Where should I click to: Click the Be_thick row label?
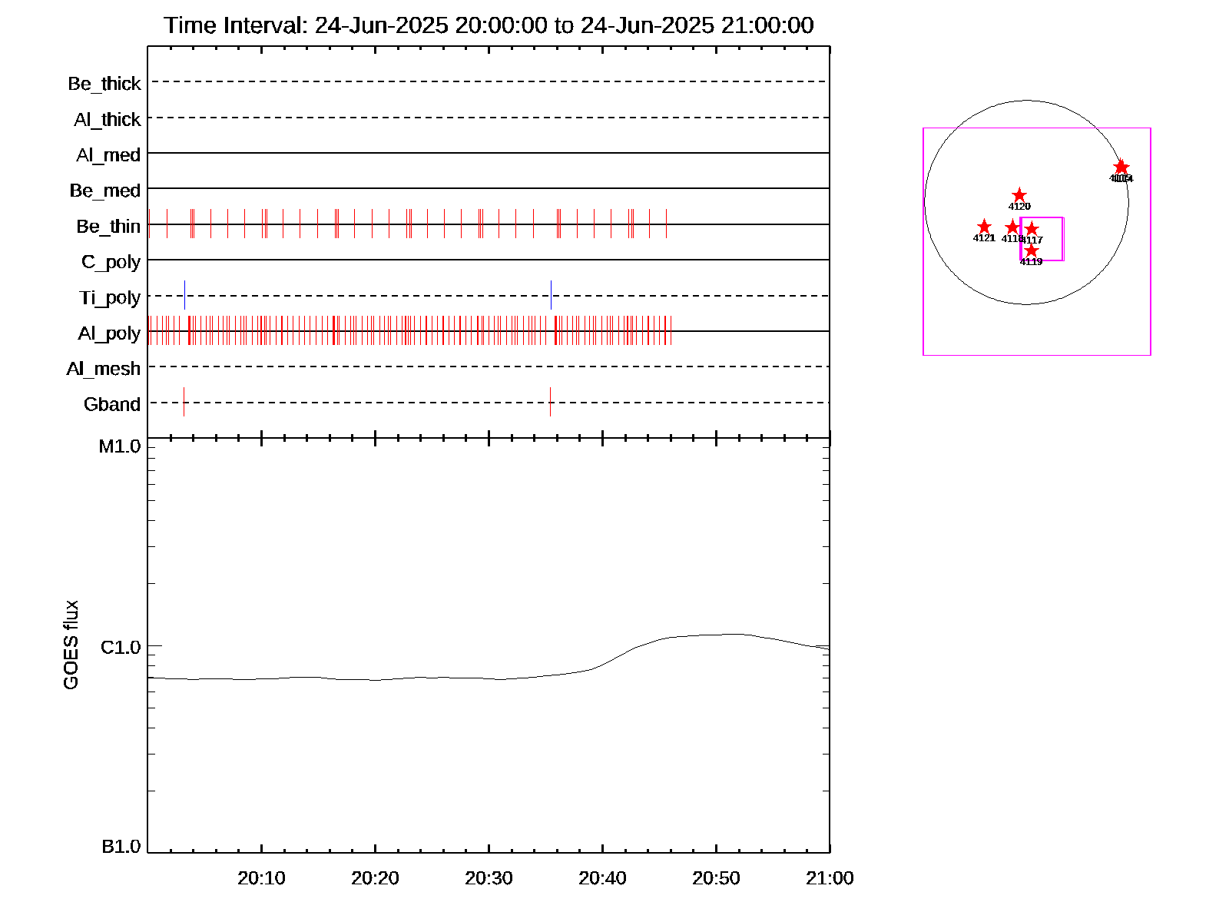[x=104, y=84]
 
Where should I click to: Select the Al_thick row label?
[x=108, y=120]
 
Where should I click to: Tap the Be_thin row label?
[x=108, y=227]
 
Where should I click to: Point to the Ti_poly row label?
[x=110, y=298]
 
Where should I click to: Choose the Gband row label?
[x=112, y=405]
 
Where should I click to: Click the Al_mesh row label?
[x=104, y=370]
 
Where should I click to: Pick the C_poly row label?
[x=111, y=263]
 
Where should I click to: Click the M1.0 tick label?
[x=120, y=446]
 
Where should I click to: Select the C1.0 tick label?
[x=121, y=648]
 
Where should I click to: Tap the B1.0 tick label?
[x=121, y=847]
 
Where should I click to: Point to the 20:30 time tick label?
[x=489, y=878]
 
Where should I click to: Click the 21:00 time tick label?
[x=830, y=878]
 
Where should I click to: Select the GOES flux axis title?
[x=71, y=645]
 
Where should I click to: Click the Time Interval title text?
[x=489, y=25]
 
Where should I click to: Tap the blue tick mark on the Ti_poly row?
[x=184, y=295]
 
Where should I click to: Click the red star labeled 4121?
[x=984, y=227]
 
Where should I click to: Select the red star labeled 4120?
[x=1019, y=196]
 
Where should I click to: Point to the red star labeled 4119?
[x=1031, y=250]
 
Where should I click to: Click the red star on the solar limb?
[x=1121, y=167]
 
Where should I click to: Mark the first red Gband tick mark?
[x=184, y=402]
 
